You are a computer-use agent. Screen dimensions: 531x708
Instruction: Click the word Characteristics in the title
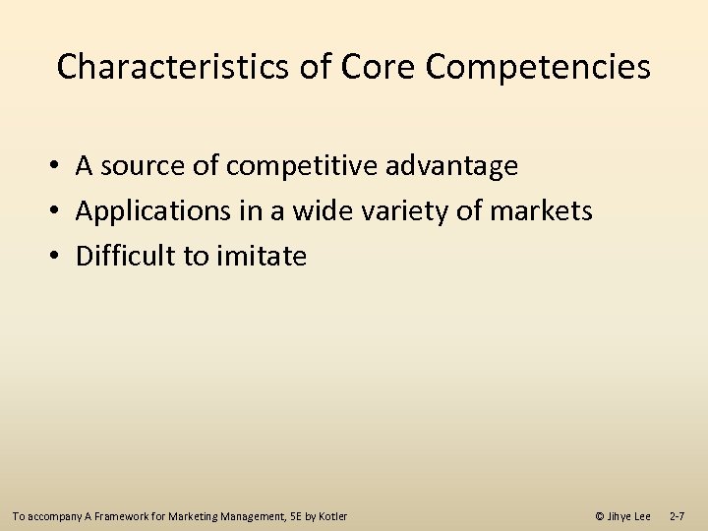(x=172, y=67)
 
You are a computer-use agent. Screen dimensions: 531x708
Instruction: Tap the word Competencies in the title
(x=540, y=67)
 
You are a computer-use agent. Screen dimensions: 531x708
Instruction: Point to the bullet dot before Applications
(x=60, y=211)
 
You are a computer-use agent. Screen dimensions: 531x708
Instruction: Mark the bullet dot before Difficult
(x=60, y=257)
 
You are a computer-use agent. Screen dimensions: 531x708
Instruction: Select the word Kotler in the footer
(x=330, y=516)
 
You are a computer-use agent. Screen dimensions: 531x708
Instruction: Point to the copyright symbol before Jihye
(x=600, y=516)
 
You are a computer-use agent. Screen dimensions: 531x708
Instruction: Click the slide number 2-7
(x=678, y=516)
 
